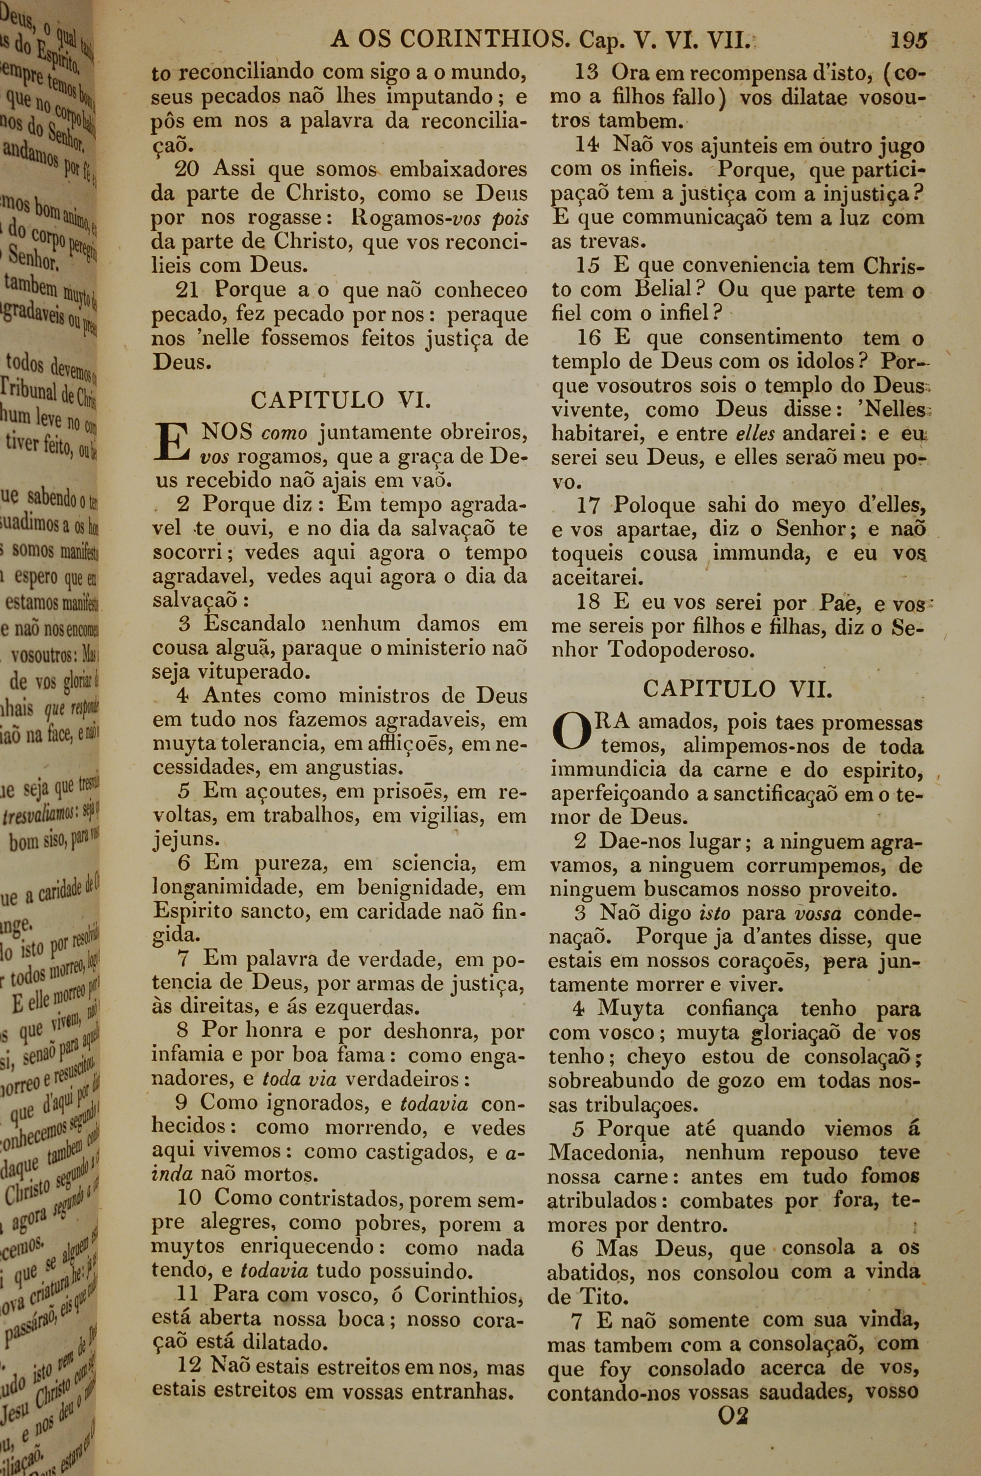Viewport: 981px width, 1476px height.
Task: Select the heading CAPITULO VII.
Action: point(738,688)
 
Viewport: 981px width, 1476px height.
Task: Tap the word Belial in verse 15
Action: point(663,290)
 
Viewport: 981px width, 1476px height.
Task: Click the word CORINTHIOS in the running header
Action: point(482,41)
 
